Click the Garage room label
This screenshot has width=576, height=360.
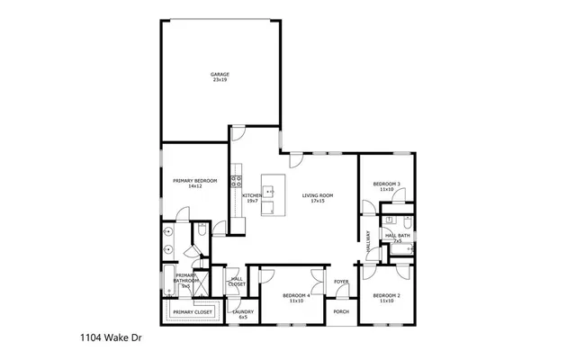coord(220,74)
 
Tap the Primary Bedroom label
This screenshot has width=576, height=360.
coord(195,181)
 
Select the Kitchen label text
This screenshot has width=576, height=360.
coord(251,195)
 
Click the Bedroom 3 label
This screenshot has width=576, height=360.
coord(387,184)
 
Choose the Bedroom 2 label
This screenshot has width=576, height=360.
coord(386,295)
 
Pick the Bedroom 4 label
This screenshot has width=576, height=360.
coord(296,295)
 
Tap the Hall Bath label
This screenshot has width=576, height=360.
coord(398,235)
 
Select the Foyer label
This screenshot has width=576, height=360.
coord(341,282)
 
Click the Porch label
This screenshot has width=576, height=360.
coord(341,311)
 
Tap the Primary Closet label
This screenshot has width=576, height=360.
coord(193,311)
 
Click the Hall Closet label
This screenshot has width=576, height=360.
coord(237,281)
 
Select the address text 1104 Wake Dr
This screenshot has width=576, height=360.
coord(105,341)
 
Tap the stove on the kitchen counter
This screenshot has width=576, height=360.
coord(236,181)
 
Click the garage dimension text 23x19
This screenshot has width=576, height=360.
coord(220,80)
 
